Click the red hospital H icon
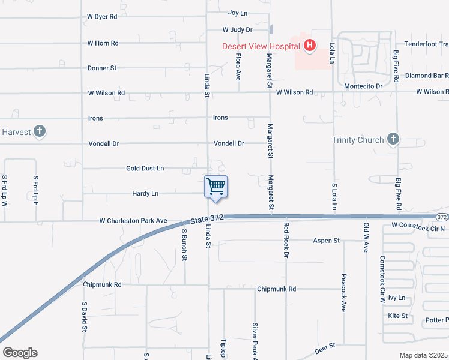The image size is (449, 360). click(x=310, y=46)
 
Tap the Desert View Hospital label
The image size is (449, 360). click(x=261, y=46)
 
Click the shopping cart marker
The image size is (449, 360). click(x=215, y=187)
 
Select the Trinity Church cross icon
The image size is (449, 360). click(x=393, y=140)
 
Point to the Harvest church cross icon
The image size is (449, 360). click(x=40, y=131)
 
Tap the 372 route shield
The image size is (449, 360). click(x=442, y=217)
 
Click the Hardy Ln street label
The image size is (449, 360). click(x=145, y=193)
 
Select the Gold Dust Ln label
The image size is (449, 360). click(x=145, y=169)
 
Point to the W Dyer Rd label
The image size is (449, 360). click(x=102, y=17)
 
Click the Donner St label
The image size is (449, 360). click(x=102, y=68)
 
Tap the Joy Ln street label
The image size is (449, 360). click(x=238, y=13)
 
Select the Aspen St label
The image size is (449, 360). click(x=326, y=241)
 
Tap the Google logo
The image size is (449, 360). click(x=20, y=353)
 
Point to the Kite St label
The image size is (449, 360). click(x=398, y=316)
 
